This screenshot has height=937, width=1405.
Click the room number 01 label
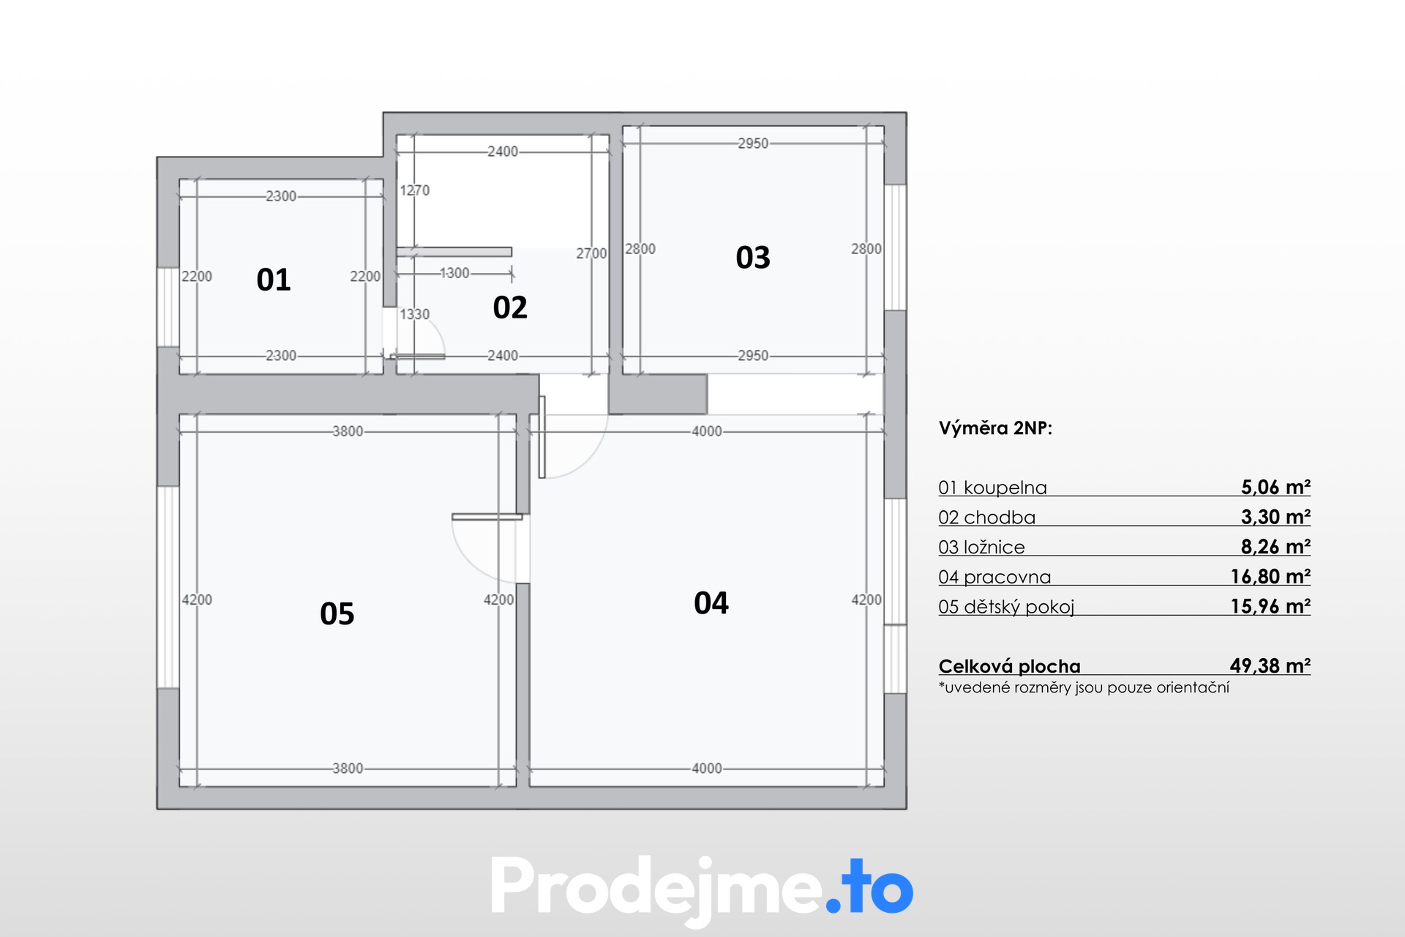[274, 280]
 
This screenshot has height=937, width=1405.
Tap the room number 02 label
[510, 307]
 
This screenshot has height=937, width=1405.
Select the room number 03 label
[753, 258]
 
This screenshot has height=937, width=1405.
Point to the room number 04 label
[711, 603]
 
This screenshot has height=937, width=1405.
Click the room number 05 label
[337, 613]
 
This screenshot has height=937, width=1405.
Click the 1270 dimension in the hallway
[414, 190]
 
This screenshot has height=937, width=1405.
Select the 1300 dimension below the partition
[454, 273]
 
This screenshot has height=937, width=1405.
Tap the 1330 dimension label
[414, 314]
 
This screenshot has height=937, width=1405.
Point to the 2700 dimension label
[591, 253]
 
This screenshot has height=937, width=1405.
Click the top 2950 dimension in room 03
[753, 143]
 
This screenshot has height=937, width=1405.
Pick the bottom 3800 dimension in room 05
[348, 768]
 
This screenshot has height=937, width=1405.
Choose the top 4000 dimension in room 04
[707, 431]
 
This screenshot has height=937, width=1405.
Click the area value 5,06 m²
[1275, 487]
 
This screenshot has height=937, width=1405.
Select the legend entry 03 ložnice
[981, 547]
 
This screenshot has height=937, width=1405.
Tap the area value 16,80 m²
[1270, 577]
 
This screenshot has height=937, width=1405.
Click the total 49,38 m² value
[1270, 665]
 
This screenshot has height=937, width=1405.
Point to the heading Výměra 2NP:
[995, 428]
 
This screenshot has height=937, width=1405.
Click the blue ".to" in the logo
[870, 888]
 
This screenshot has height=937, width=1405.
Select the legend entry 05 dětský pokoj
[1006, 607]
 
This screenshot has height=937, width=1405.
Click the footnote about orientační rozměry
[1084, 687]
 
